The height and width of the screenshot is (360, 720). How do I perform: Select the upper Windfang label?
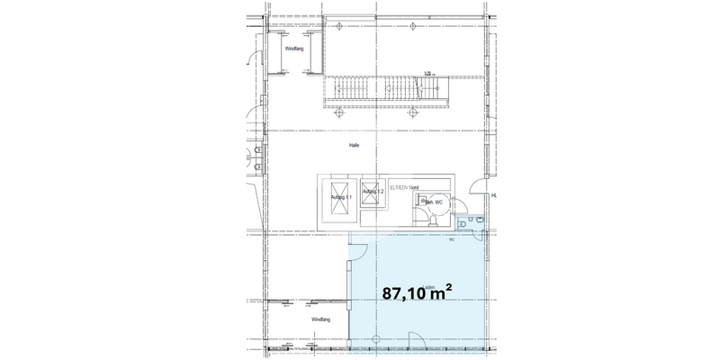click(x=294, y=48)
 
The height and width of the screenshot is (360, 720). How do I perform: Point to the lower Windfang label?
click(x=322, y=319)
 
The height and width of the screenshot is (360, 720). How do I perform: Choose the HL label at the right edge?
click(x=494, y=193)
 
